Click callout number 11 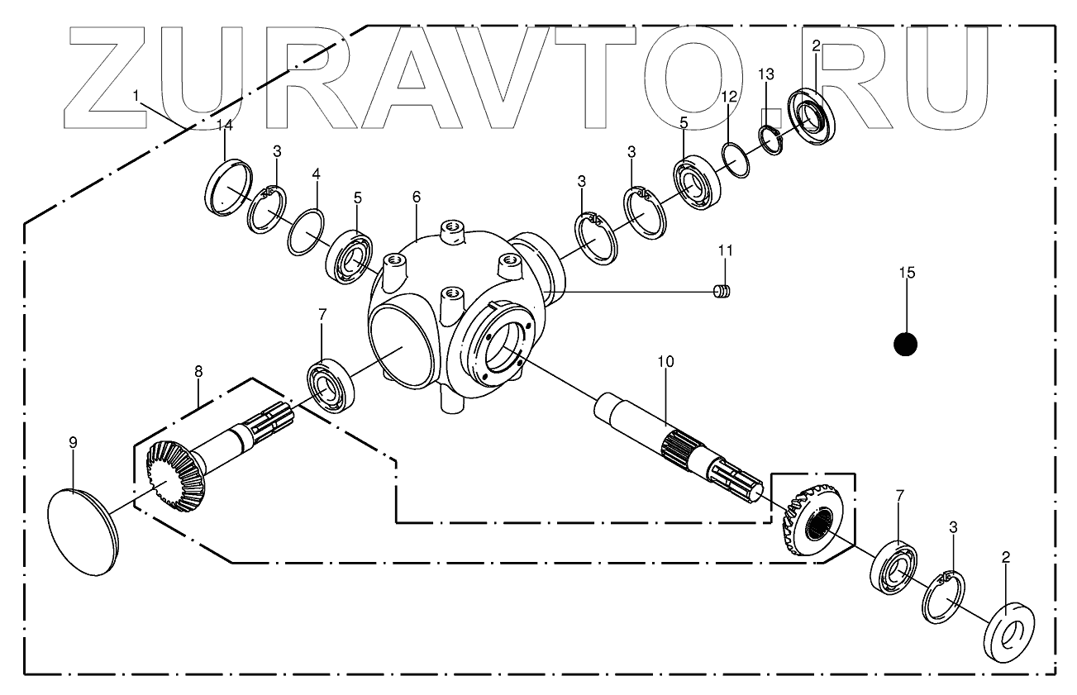coord(725,250)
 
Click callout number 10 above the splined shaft coord(665,361)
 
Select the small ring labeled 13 coord(771,139)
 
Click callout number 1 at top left coord(136,96)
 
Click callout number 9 coord(73,443)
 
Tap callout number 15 coord(907,273)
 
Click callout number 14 coord(225,125)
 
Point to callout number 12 coord(728,97)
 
